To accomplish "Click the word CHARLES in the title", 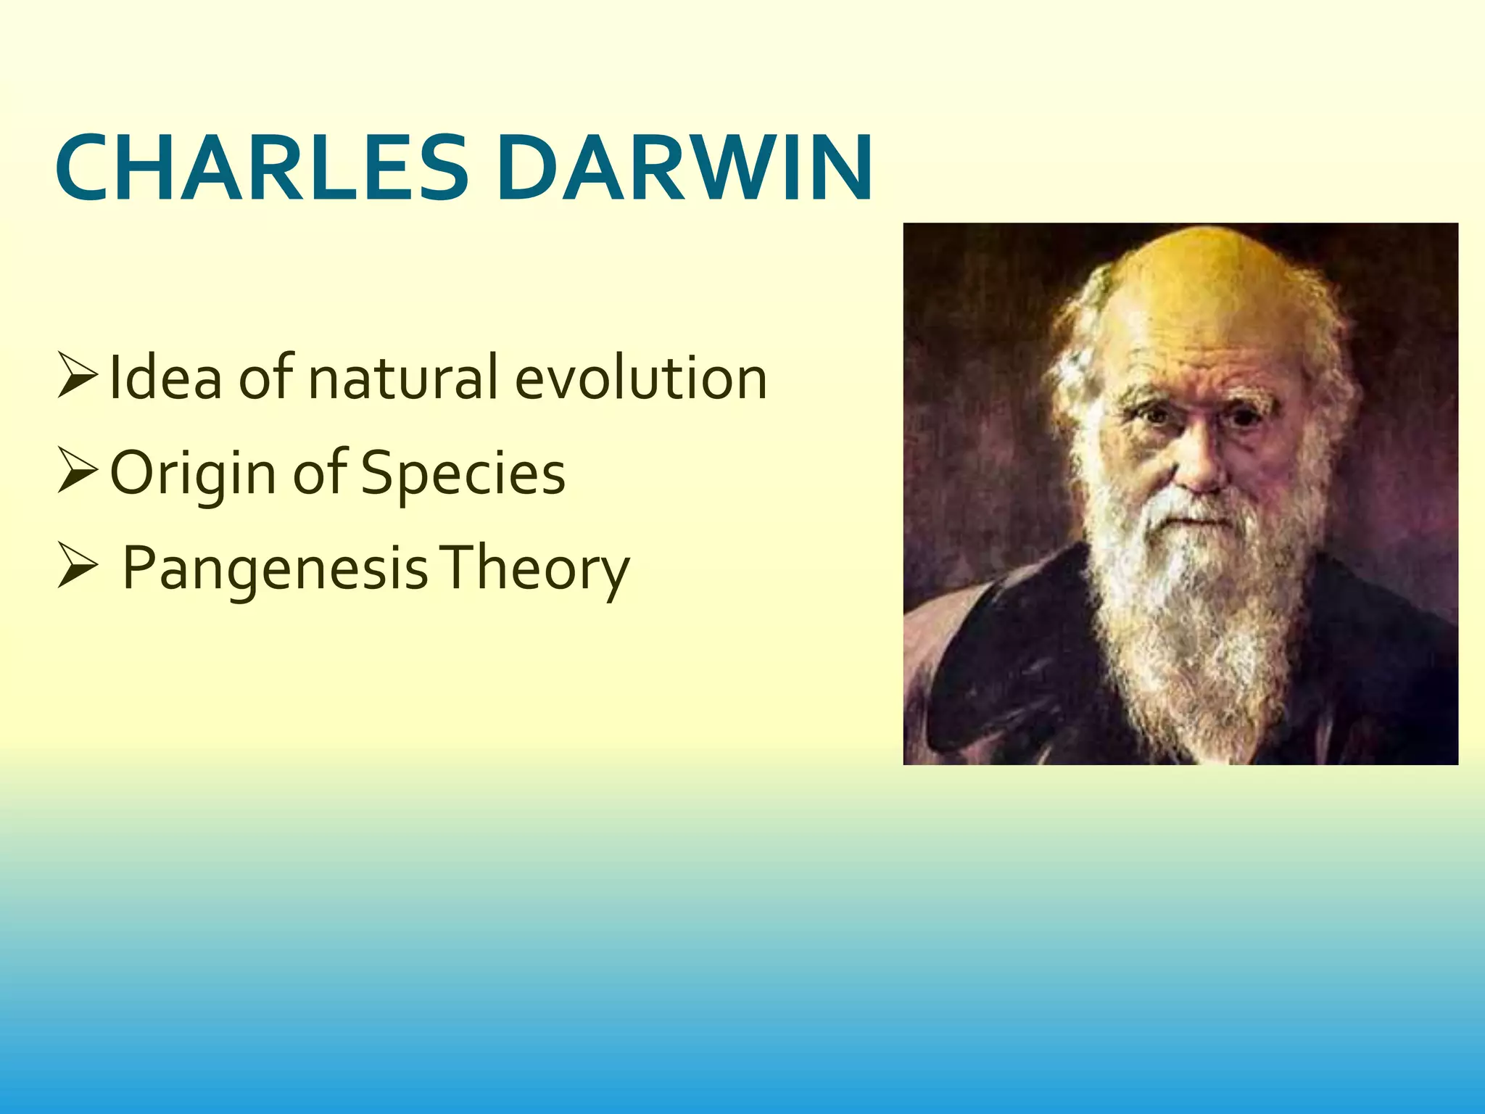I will tap(261, 168).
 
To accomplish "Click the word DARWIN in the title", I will tap(684, 168).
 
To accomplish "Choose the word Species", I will tap(463, 473).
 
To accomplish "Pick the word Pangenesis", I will tap(276, 569).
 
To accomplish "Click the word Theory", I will tap(537, 569).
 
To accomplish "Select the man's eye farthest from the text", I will tap(1244, 418).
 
